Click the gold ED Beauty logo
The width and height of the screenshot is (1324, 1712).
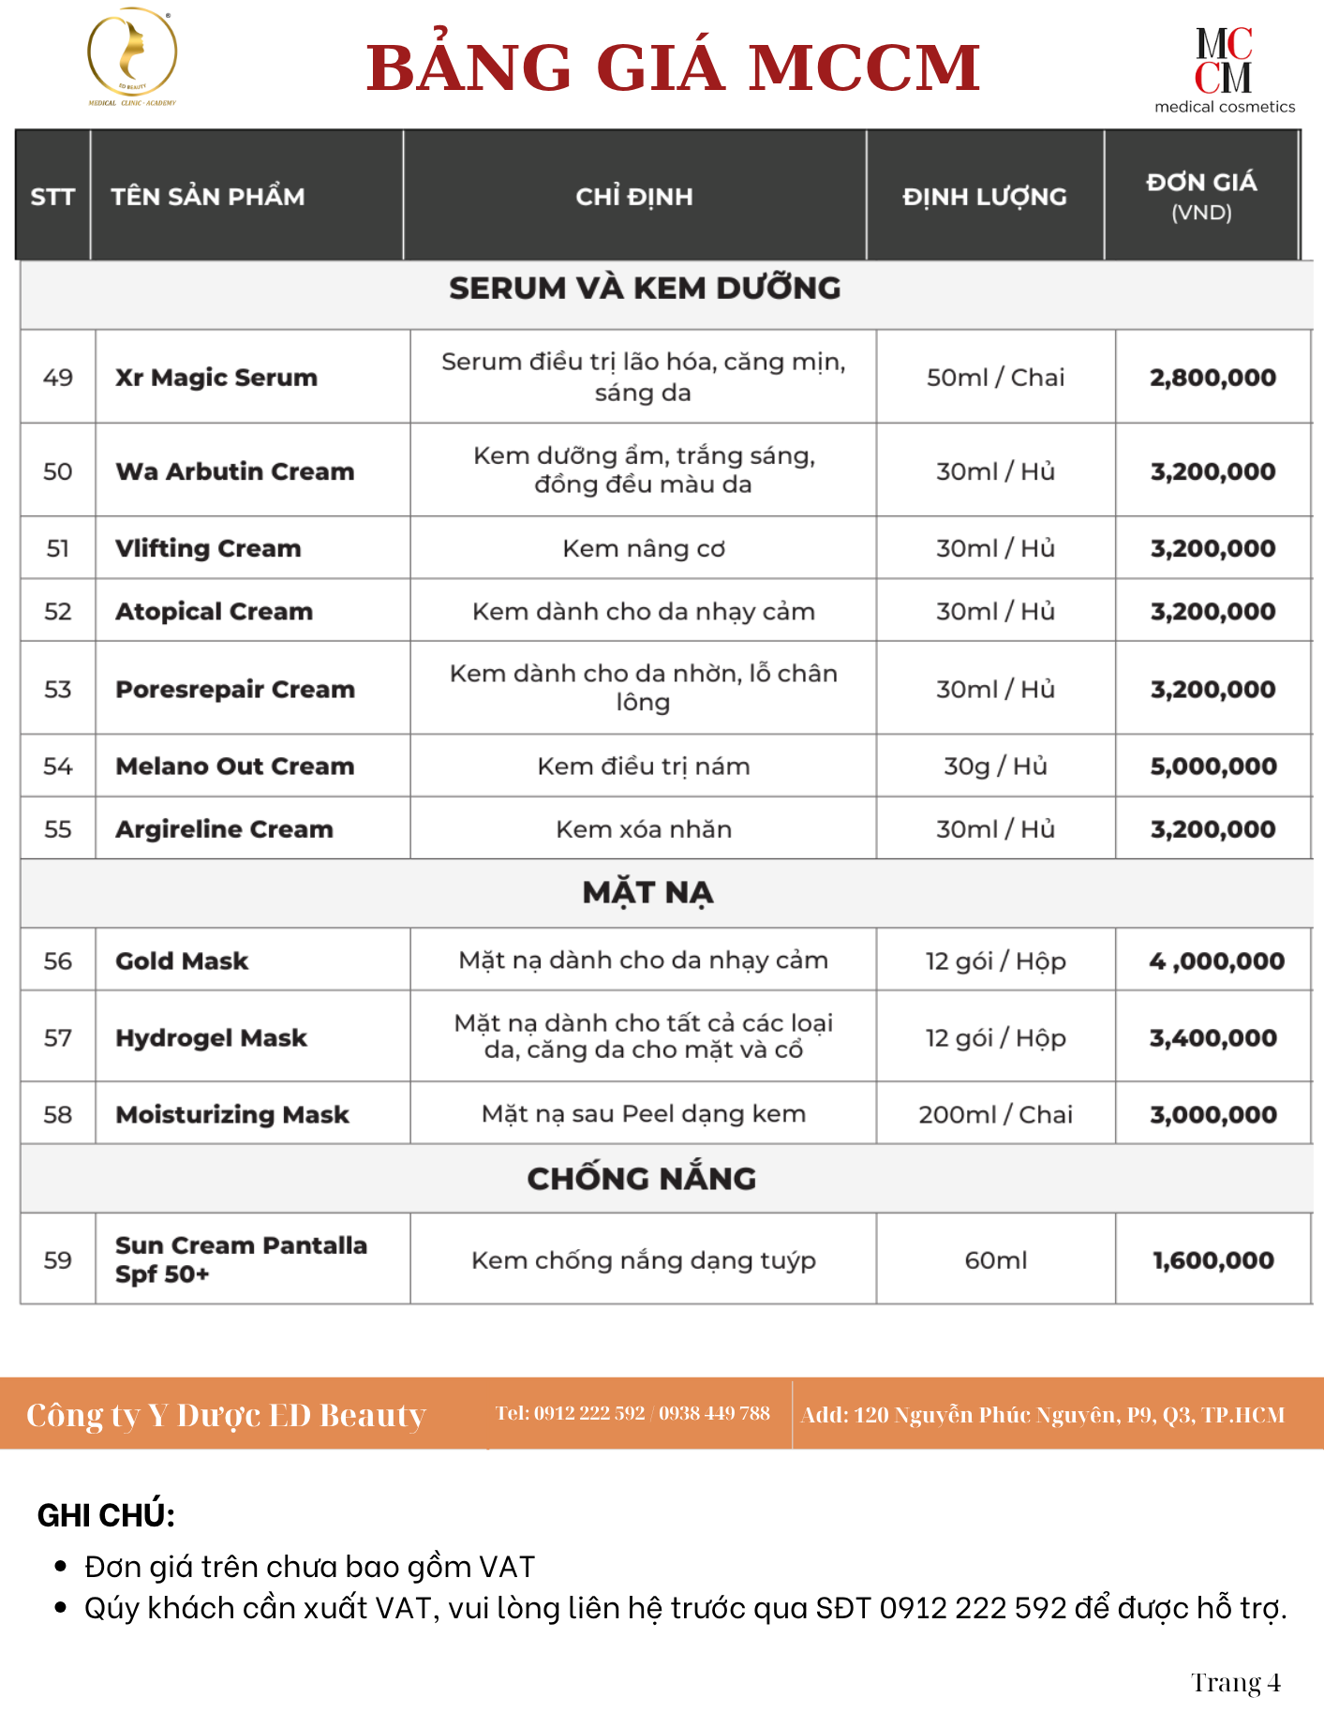(132, 57)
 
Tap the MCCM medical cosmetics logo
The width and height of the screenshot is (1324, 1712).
(1224, 70)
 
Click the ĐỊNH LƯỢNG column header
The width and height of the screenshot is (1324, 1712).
(984, 197)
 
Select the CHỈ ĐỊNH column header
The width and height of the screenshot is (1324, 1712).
(634, 197)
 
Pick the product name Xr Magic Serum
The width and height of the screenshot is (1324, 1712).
(216, 378)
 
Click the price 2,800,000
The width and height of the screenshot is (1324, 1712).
(1212, 378)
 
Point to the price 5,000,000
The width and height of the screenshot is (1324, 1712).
(1213, 767)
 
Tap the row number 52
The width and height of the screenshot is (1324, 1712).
(58, 612)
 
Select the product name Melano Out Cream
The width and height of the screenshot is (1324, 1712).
(235, 767)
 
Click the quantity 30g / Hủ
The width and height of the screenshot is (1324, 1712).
(995, 767)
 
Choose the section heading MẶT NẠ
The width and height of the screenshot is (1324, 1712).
(647, 893)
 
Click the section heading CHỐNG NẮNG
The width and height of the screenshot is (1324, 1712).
(642, 1179)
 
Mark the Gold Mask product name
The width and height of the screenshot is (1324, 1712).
(182, 961)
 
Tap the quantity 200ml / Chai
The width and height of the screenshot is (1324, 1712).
(995, 1115)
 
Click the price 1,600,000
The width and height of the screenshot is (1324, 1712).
(1213, 1260)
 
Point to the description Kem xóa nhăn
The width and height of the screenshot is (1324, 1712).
(644, 829)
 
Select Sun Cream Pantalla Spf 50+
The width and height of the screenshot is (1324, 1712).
(241, 1259)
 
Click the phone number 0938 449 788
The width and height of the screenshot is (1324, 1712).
(714, 1413)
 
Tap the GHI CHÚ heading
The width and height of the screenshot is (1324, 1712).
(106, 1515)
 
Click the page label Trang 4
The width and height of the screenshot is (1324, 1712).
(1235, 1683)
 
